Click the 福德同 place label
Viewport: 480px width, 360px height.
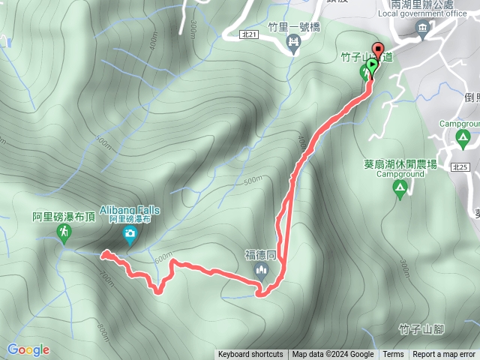point(262,255)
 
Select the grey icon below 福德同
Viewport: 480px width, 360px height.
point(262,270)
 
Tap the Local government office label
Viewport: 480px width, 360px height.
point(423,13)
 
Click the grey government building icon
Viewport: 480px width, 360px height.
point(423,30)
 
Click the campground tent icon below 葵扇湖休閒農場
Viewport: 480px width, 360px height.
point(400,190)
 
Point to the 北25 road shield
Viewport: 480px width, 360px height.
point(462,167)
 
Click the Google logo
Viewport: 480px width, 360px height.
point(28,349)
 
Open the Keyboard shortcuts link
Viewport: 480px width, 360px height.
point(250,355)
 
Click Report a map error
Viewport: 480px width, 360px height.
point(444,355)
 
